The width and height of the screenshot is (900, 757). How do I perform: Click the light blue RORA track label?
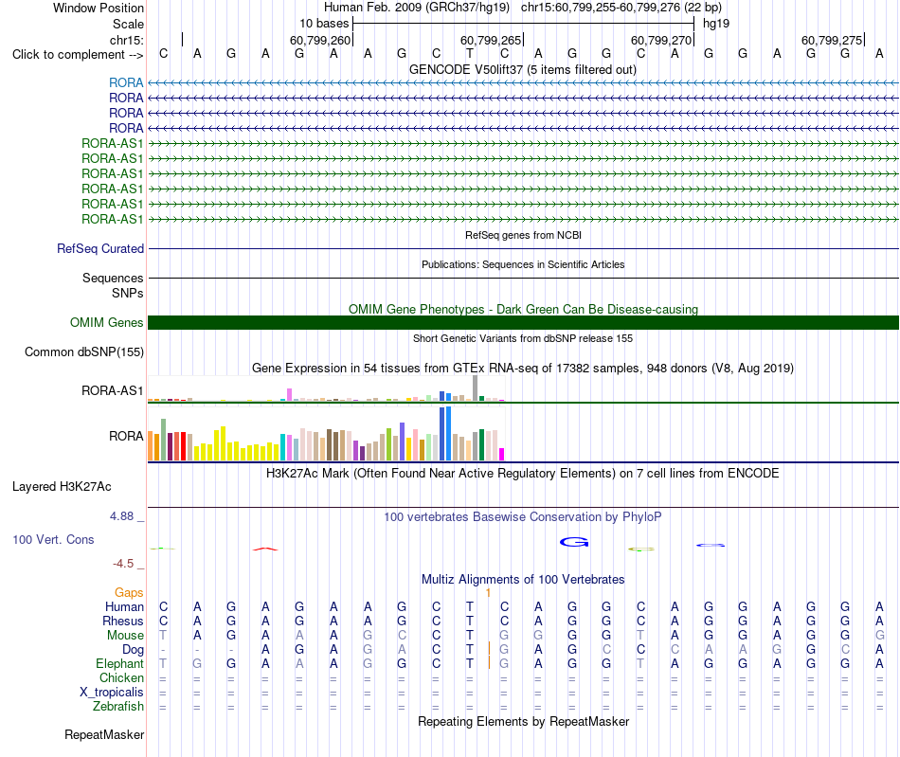click(x=126, y=82)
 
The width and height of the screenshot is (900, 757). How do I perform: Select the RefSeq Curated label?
click(x=100, y=248)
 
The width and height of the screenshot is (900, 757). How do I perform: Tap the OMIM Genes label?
click(x=107, y=322)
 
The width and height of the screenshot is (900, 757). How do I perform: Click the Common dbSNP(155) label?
click(x=84, y=351)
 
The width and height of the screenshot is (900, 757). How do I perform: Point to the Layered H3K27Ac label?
click(x=62, y=487)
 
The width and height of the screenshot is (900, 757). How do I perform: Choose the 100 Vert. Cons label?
click(x=53, y=539)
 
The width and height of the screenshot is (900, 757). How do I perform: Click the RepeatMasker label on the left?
click(x=104, y=734)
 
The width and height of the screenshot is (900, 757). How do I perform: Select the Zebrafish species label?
click(x=118, y=706)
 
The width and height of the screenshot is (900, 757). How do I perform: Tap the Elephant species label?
click(x=120, y=663)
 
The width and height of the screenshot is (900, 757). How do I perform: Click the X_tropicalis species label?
click(x=112, y=693)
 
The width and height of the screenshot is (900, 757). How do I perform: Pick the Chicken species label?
click(x=121, y=677)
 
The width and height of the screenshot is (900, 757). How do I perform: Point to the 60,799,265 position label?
click(x=491, y=40)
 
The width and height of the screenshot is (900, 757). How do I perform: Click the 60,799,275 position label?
click(x=832, y=40)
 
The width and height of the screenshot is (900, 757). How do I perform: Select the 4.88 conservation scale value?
click(x=121, y=516)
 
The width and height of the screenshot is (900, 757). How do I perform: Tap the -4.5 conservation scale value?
click(x=123, y=564)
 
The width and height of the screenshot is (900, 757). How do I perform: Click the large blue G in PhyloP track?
click(x=574, y=542)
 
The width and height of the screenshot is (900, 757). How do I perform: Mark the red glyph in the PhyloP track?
click(x=265, y=550)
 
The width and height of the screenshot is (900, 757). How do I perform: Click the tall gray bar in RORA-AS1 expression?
click(x=476, y=388)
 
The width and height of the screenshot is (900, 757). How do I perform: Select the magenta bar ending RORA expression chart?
click(x=502, y=454)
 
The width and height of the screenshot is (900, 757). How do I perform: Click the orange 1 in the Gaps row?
click(x=488, y=593)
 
